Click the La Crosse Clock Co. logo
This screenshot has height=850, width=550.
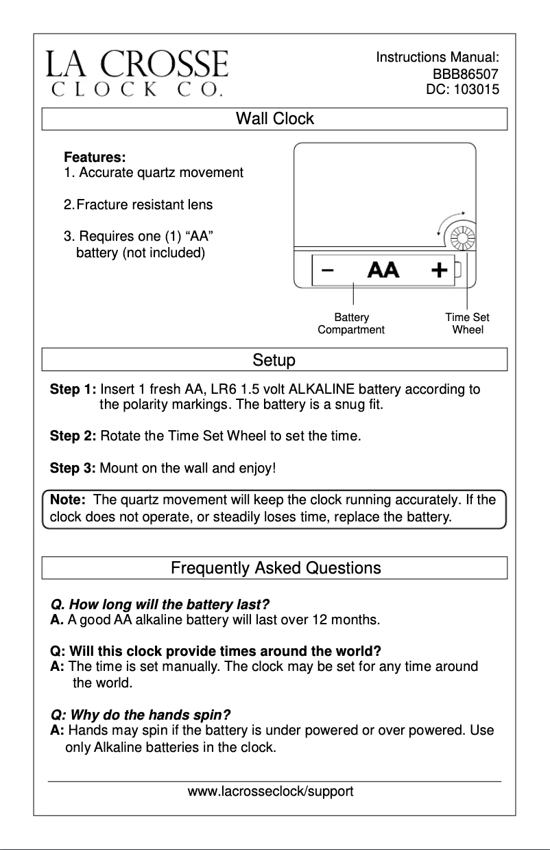click(x=136, y=72)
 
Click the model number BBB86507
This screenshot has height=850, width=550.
click(x=465, y=74)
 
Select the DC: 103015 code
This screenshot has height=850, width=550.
click(x=463, y=89)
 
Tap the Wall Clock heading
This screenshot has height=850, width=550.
click(x=274, y=119)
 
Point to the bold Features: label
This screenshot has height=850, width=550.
click(x=95, y=158)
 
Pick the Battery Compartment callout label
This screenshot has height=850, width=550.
click(x=351, y=323)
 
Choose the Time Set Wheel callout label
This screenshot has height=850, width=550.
click(x=467, y=323)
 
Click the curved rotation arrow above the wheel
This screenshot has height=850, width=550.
click(x=451, y=221)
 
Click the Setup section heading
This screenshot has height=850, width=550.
click(x=274, y=359)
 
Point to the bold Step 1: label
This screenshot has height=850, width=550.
click(x=73, y=390)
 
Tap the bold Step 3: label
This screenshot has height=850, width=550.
click(x=73, y=469)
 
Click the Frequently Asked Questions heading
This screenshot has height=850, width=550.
click(x=276, y=568)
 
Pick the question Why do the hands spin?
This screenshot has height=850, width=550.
click(x=141, y=713)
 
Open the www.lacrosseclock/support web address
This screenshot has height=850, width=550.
click(x=271, y=792)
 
